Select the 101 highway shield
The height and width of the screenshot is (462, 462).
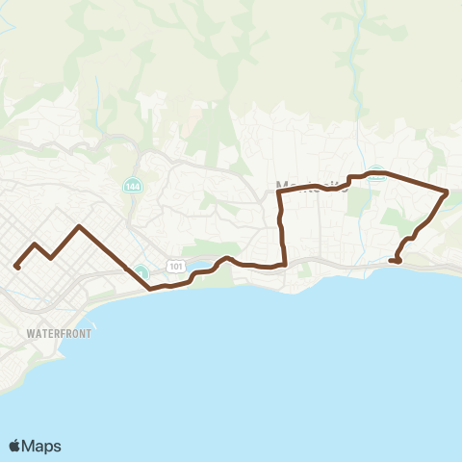pyautogui.click(x=174, y=265)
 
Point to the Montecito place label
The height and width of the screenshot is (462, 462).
pyautogui.click(x=310, y=185)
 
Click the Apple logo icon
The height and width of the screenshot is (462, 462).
pyautogui.click(x=15, y=446)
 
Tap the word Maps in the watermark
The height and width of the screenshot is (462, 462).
pyautogui.click(x=42, y=446)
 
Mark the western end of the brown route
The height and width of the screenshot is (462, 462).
pyautogui.click(x=16, y=267)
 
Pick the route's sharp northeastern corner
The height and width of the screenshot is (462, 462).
pyautogui.click(x=447, y=192)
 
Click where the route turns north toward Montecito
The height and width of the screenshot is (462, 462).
pyautogui.click(x=285, y=263)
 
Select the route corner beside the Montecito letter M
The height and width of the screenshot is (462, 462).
pyautogui.click(x=279, y=192)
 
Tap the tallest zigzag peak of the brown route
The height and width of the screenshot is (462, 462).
pyautogui.click(x=79, y=227)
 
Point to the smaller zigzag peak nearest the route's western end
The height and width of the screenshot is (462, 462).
pyautogui.click(x=36, y=244)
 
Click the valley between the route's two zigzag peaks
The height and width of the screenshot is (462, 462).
pyautogui.click(x=51, y=258)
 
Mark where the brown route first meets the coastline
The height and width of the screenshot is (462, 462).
pyautogui.click(x=150, y=288)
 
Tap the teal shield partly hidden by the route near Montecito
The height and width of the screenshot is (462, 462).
pyautogui.click(x=377, y=175)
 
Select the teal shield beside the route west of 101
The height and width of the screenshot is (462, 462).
pyautogui.click(x=141, y=272)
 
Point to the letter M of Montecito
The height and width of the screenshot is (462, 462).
pyautogui.click(x=282, y=185)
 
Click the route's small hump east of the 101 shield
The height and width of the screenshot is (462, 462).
pyautogui.click(x=225, y=258)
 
